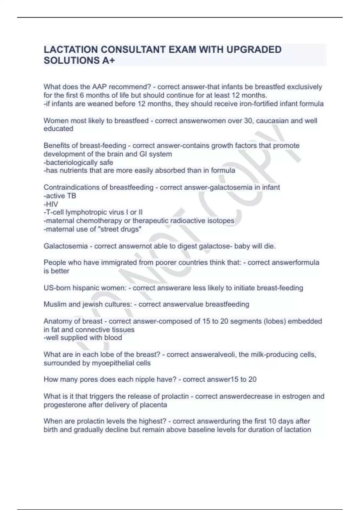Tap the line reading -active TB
[x=60, y=196]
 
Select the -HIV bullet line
[x=51, y=204]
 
